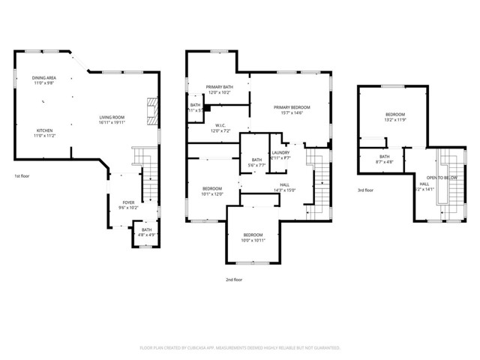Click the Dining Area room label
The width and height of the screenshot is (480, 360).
point(43,80)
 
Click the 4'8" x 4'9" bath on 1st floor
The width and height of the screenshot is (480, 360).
point(146,232)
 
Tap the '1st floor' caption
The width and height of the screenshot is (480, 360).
point(22,176)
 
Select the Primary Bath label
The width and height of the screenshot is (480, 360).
point(219,91)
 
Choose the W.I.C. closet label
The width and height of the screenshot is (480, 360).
point(220,128)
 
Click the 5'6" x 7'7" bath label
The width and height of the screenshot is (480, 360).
point(256,162)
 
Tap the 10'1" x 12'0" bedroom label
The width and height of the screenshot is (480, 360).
point(213,190)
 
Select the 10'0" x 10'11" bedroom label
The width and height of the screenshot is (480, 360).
point(253,238)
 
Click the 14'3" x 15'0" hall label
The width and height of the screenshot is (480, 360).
point(285,187)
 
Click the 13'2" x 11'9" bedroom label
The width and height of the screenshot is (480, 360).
point(394,117)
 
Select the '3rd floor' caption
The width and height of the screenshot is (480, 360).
point(365,190)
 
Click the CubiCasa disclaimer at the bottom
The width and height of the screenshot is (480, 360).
point(240,348)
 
